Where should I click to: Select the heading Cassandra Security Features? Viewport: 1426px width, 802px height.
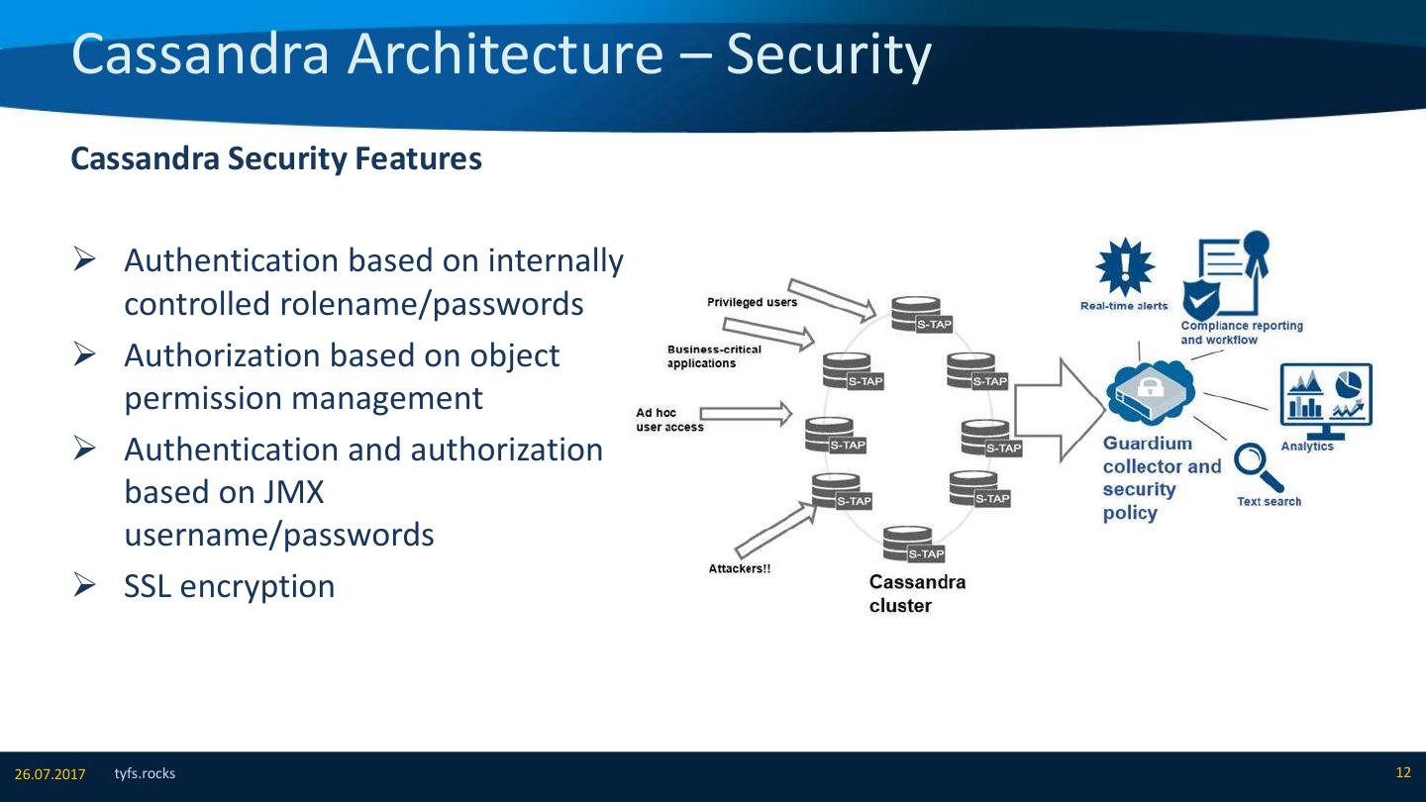pos(276,158)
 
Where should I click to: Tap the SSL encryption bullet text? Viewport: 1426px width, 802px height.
pos(229,586)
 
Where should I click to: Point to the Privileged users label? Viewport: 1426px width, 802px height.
pos(752,302)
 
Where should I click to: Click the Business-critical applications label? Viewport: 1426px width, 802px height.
pos(713,356)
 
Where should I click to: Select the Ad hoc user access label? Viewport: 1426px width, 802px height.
pos(669,420)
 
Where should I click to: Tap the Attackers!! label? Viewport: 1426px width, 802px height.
pos(739,568)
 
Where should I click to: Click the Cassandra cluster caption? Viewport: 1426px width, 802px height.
pos(916,593)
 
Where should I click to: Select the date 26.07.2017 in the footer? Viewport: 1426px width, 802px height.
pos(50,773)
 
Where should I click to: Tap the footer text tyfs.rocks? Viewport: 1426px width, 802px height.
pos(145,773)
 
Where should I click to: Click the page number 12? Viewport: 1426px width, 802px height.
pos(1402,772)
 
